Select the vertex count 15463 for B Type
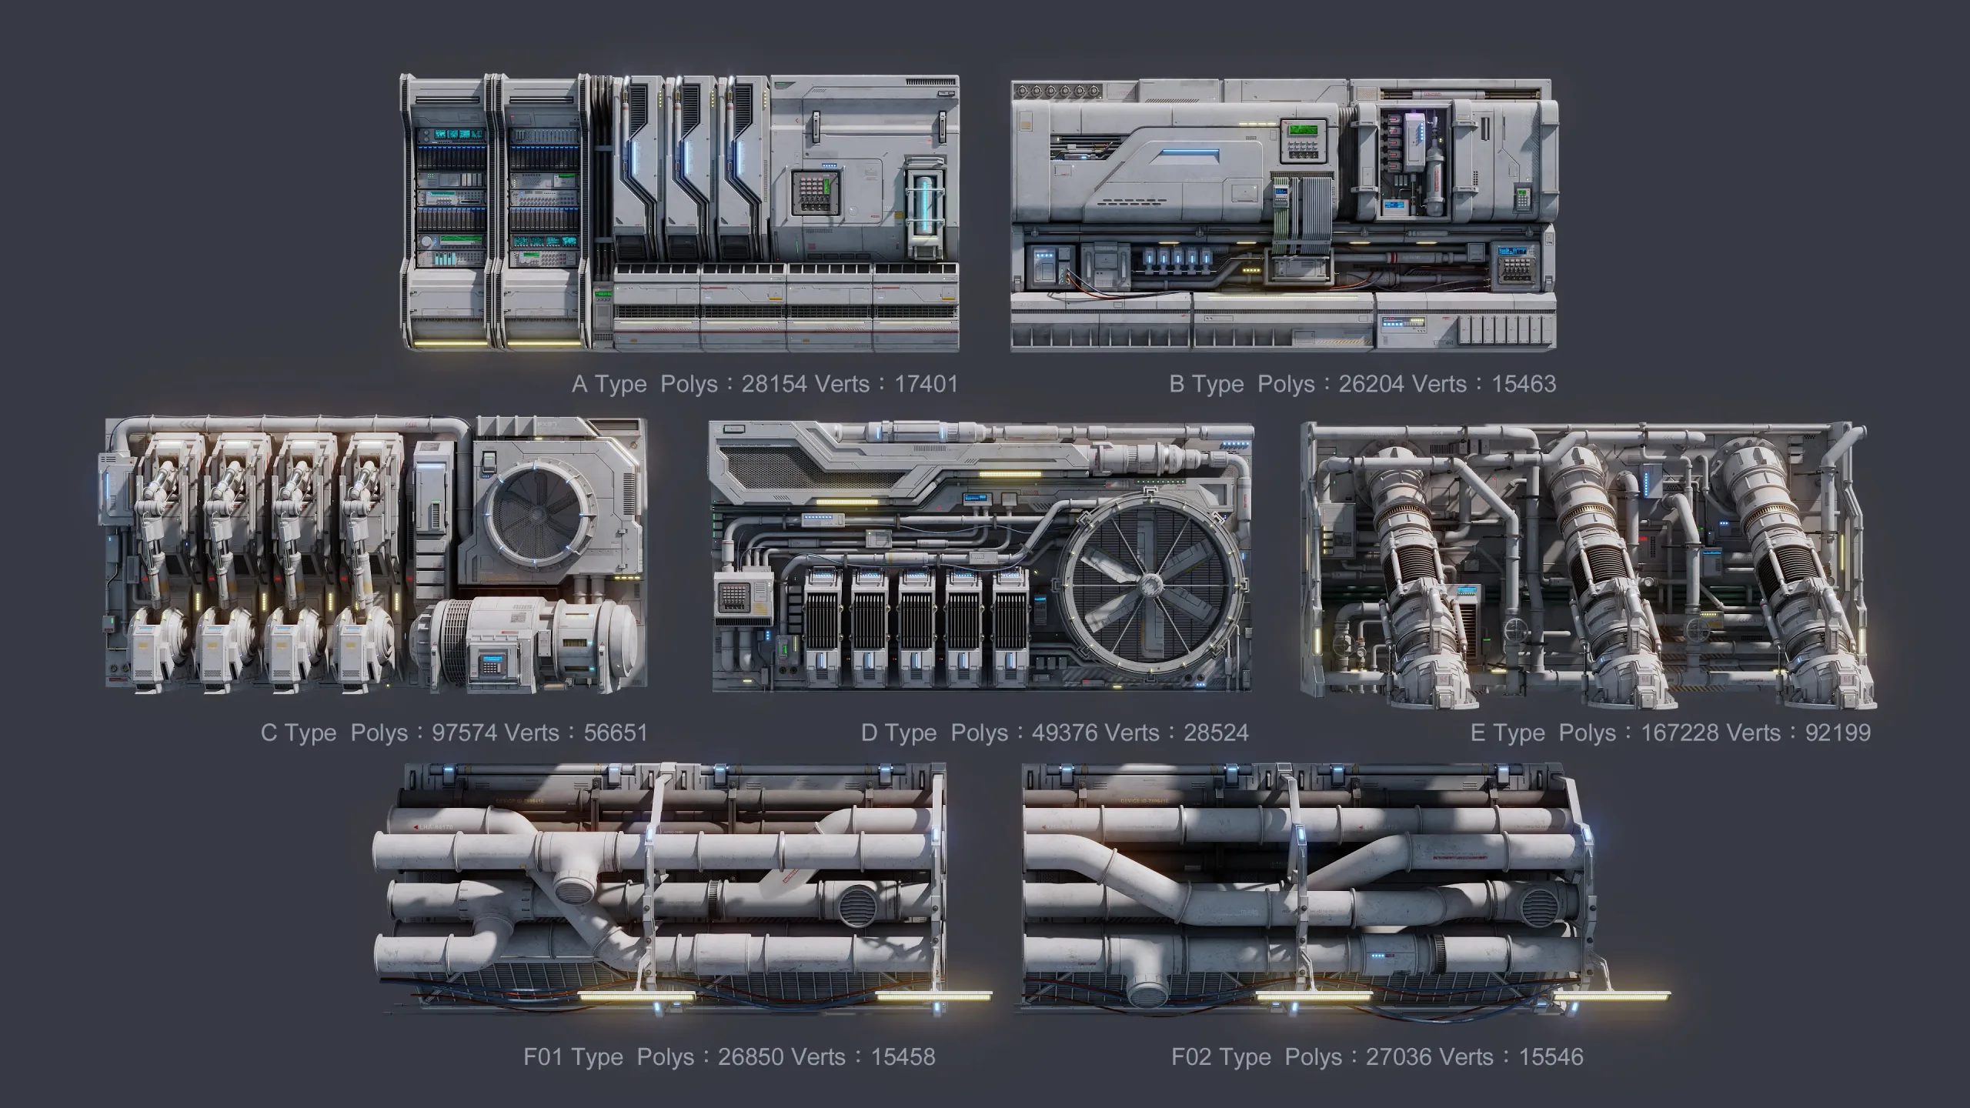click(x=1524, y=384)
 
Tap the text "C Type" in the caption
click(x=299, y=733)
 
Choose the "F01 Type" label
click(x=573, y=1057)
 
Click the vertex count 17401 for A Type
click(x=926, y=384)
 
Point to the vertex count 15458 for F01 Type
click(x=903, y=1057)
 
